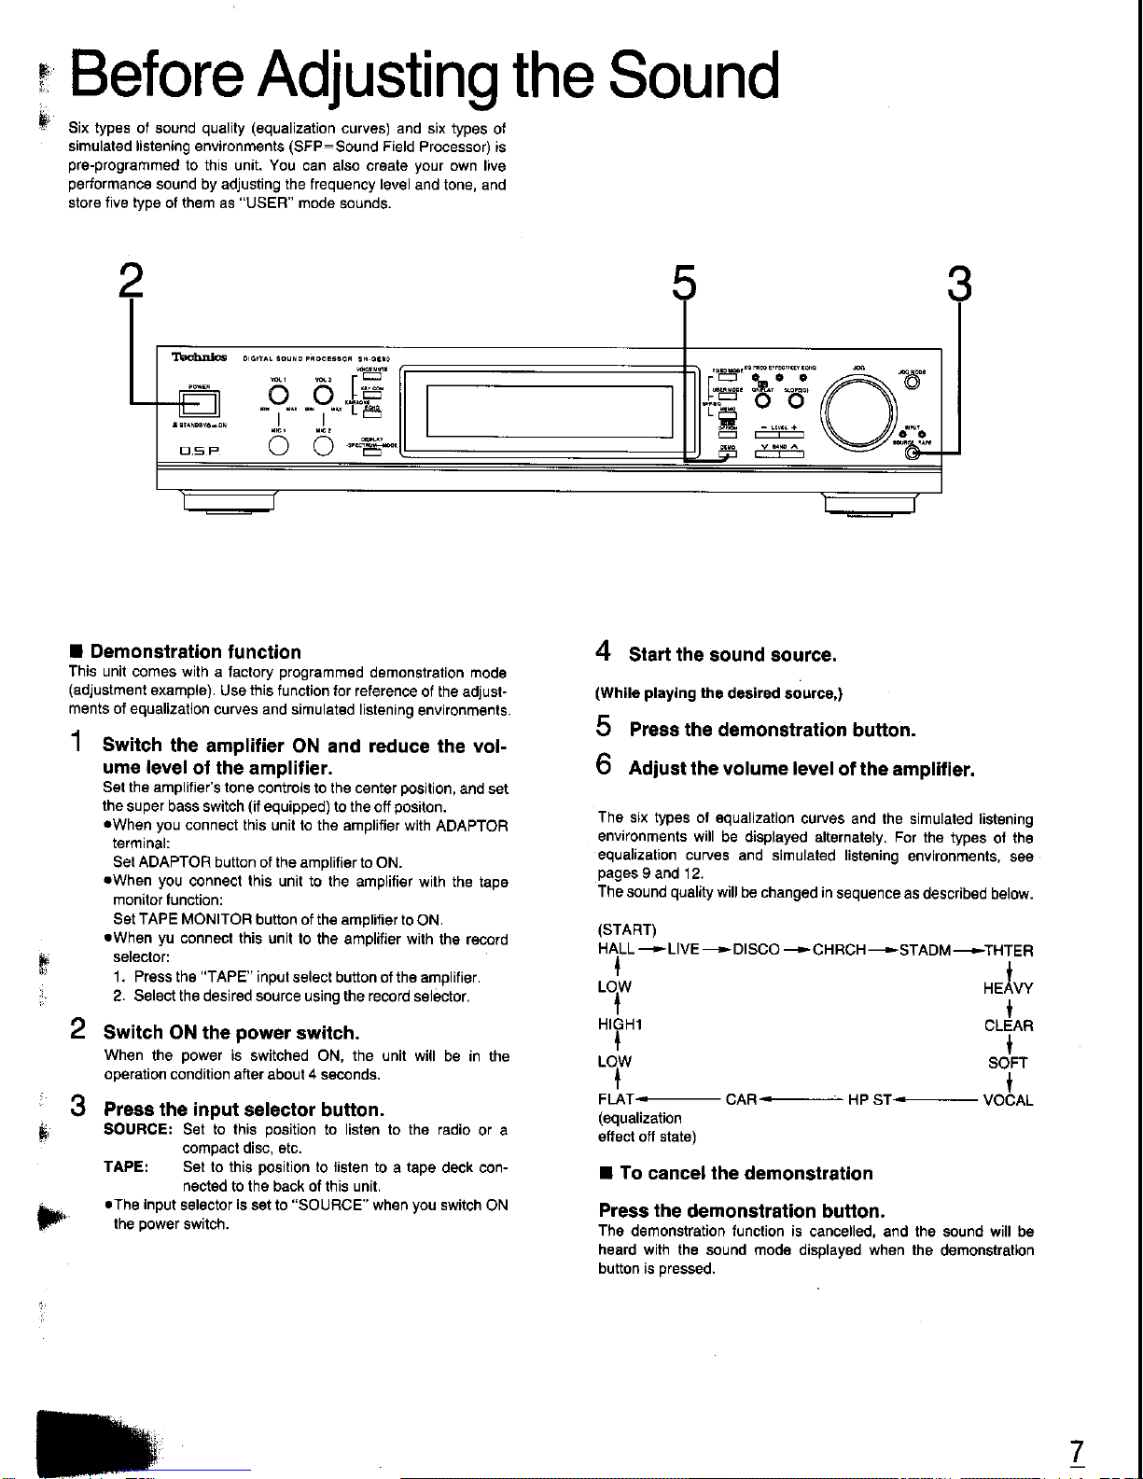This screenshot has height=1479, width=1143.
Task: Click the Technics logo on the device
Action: click(x=199, y=356)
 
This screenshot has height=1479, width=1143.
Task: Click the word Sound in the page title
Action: click(x=693, y=77)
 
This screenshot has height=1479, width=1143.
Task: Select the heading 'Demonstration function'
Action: click(x=195, y=651)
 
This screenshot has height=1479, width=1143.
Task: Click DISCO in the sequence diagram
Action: click(x=757, y=950)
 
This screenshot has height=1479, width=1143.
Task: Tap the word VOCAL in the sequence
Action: click(x=1008, y=1100)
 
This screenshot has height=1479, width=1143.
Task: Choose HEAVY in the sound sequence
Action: click(x=1008, y=988)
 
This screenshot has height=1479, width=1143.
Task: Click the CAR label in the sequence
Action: click(x=741, y=1100)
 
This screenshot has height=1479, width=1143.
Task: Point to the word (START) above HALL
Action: click(x=627, y=929)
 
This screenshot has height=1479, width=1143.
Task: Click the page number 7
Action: click(x=1076, y=1452)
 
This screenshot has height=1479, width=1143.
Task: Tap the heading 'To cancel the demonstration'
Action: click(x=746, y=1173)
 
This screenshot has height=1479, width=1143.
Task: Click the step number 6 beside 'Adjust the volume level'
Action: click(x=604, y=767)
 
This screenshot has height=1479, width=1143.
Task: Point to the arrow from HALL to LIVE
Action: click(x=651, y=950)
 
